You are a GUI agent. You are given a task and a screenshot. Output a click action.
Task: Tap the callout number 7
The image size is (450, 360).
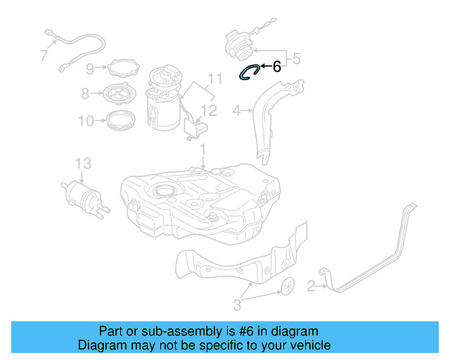pyautogui.click(x=44, y=54)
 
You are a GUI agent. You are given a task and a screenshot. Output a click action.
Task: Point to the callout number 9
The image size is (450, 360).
pyautogui.click(x=90, y=68)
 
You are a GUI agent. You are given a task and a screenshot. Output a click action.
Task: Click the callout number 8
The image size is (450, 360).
pyautogui.click(x=85, y=93)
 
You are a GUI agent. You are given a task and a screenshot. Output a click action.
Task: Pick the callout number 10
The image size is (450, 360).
pyautogui.click(x=85, y=121)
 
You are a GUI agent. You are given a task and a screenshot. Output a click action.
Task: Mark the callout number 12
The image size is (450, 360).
pyautogui.click(x=210, y=110)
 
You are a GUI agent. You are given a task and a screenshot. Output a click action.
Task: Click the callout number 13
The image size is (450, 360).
pyautogui.click(x=83, y=164)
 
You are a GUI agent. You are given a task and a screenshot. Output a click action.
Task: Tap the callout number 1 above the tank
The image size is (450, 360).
pyautogui.click(x=202, y=150)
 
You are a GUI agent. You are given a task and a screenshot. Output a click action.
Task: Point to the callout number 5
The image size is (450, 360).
pyautogui.click(x=296, y=60)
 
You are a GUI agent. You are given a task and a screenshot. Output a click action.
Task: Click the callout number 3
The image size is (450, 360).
pyautogui.click(x=237, y=304)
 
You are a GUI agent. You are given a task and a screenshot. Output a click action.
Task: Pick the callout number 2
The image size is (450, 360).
pyautogui.click(x=310, y=285)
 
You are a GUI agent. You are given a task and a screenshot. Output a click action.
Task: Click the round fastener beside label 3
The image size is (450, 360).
pyautogui.click(x=286, y=287)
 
